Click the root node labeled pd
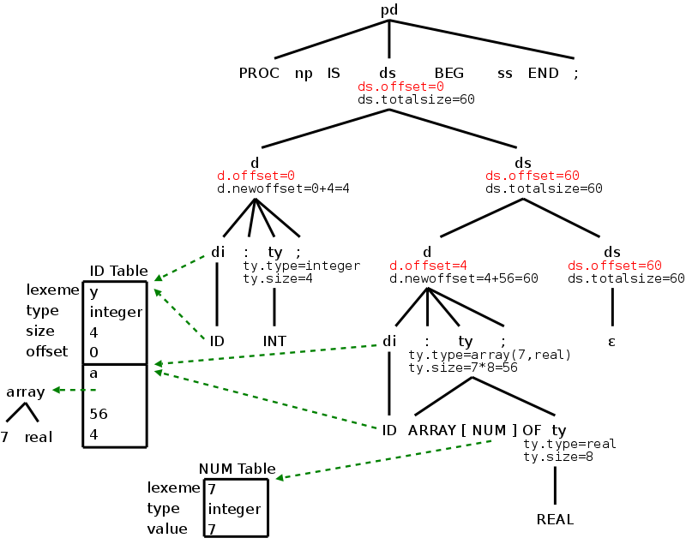(x=390, y=10)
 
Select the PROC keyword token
(x=259, y=73)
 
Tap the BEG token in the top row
(x=448, y=73)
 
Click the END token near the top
(x=543, y=73)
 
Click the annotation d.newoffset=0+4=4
(x=283, y=188)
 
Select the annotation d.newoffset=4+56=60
(x=463, y=278)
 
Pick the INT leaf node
(x=274, y=341)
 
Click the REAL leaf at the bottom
(x=555, y=519)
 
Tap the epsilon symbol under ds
(x=612, y=341)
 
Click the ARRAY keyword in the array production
(x=432, y=429)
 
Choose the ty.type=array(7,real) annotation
(x=490, y=355)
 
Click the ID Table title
(x=118, y=271)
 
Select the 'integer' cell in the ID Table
(x=116, y=312)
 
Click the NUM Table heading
(x=238, y=469)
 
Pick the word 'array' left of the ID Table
(x=26, y=392)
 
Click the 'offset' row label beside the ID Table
(x=47, y=351)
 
